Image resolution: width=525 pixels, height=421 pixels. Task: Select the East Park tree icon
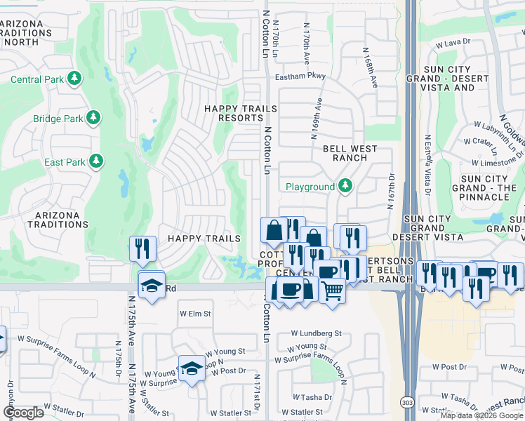95,162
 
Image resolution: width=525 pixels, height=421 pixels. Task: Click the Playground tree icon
345,187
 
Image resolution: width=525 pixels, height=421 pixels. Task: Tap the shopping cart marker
332,289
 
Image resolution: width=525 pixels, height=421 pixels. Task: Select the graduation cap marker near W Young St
190,369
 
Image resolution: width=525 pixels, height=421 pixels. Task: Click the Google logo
23,413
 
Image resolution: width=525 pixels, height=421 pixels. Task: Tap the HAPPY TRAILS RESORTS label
234,113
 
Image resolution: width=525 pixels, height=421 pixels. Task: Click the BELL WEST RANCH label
350,153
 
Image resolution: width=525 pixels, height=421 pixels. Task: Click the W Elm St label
195,314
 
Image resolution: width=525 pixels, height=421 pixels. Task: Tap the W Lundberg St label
316,334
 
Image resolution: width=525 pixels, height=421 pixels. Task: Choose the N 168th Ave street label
370,67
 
